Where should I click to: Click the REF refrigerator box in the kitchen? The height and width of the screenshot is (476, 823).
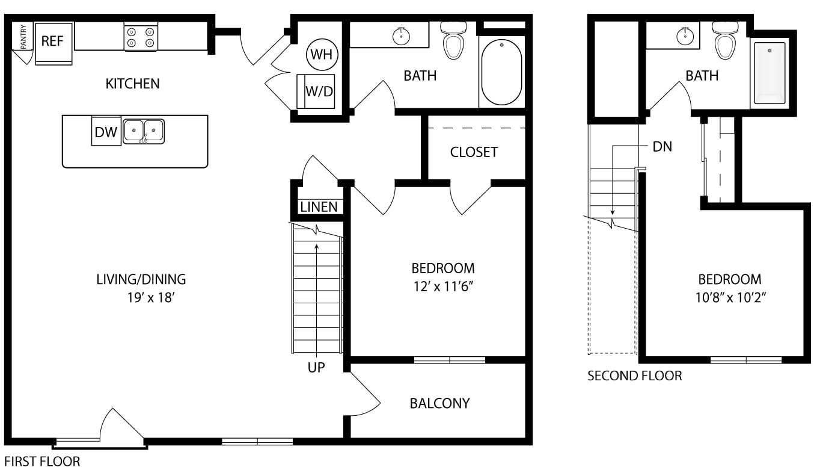point(54,43)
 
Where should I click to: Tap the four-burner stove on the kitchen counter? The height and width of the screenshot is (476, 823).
point(141,36)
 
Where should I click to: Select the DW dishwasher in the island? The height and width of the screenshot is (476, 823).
point(106,131)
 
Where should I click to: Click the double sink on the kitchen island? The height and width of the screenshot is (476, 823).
point(143,131)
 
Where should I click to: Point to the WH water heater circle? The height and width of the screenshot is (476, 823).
point(322,54)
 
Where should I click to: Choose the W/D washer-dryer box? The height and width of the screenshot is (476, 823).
point(316,91)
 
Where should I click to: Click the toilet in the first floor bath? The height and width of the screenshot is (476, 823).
point(453,40)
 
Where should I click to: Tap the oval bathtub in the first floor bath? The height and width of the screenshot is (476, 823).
point(501,72)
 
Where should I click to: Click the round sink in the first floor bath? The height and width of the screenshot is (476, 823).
point(401,37)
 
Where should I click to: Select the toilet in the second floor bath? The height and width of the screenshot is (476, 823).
point(725,40)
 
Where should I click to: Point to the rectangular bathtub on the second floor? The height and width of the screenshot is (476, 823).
point(769,73)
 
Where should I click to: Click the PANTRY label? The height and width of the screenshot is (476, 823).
point(23,37)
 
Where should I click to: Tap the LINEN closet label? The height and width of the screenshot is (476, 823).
point(319,207)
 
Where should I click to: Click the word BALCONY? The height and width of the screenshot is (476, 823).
point(439,404)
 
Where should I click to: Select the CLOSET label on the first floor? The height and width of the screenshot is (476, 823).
point(474,152)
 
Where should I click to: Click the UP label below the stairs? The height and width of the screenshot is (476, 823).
point(316,368)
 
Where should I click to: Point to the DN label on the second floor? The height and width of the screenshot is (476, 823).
point(662,147)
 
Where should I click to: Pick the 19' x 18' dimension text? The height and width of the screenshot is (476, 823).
point(151,298)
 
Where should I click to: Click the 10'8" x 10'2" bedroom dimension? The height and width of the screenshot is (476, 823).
point(730,297)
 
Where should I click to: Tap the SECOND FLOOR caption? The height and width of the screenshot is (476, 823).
point(634,376)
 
